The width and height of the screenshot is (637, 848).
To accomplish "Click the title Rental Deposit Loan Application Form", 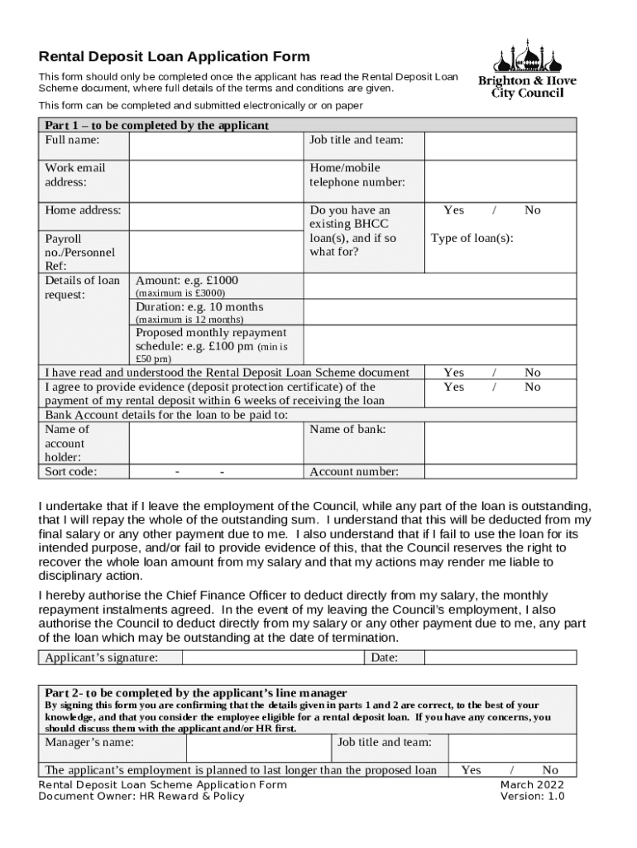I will coord(175,57).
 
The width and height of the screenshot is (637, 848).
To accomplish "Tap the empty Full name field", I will coord(217,146).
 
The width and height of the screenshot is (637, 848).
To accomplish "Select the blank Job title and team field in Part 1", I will coord(500,146).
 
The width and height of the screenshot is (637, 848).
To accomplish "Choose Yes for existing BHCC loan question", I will coord(453,210).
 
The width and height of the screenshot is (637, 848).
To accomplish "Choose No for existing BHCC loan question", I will coord(533,210).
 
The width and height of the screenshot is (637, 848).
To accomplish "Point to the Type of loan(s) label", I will coord(472,238).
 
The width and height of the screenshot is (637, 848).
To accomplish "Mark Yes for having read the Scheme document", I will coord(453,373).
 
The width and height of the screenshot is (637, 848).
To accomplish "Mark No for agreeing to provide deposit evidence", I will coord(533,388).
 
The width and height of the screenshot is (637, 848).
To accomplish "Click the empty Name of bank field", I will coord(500,443).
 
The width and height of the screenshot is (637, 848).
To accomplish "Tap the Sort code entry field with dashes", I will coord(217,472).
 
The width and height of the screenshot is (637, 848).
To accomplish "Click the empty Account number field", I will coord(500,472).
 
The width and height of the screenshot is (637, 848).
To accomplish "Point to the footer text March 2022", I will coord(532,785).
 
